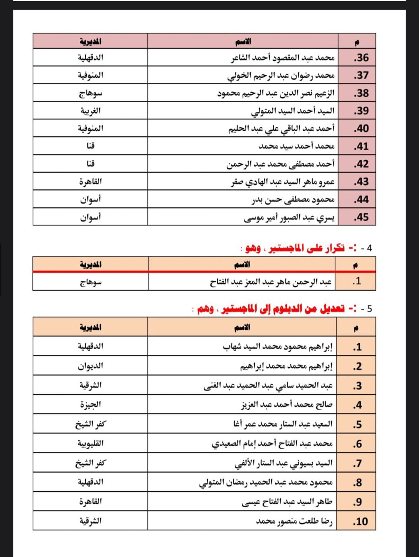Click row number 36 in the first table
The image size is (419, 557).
pyautogui.click(x=361, y=58)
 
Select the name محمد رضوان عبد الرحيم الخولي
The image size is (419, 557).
pyautogui.click(x=281, y=75)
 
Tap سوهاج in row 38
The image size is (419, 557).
pyautogui.click(x=91, y=93)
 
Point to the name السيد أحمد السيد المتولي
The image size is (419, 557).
pyautogui.click(x=293, y=111)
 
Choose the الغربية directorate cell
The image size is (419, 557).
pyautogui.click(x=91, y=111)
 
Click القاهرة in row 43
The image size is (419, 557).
pyautogui.click(x=91, y=182)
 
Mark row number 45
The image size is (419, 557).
pyautogui.click(x=361, y=217)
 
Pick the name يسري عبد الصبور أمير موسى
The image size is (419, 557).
pyautogui.click(x=289, y=217)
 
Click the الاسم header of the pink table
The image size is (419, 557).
pyautogui.click(x=243, y=41)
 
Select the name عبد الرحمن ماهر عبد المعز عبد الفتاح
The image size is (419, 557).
pyautogui.click(x=270, y=282)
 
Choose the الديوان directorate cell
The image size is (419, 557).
pyautogui.click(x=91, y=366)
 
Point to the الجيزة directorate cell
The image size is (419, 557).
pyautogui.click(x=91, y=405)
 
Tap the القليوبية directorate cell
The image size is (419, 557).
pyautogui.click(x=91, y=443)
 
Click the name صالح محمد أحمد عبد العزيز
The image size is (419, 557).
pyautogui.click(x=287, y=405)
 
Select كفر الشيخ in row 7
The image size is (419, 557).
pyautogui.click(x=91, y=463)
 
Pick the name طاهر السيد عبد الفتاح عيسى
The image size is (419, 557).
pyautogui.click(x=287, y=502)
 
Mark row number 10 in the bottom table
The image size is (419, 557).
pyautogui.click(x=360, y=521)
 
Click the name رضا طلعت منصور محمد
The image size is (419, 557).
pyautogui.click(x=294, y=521)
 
